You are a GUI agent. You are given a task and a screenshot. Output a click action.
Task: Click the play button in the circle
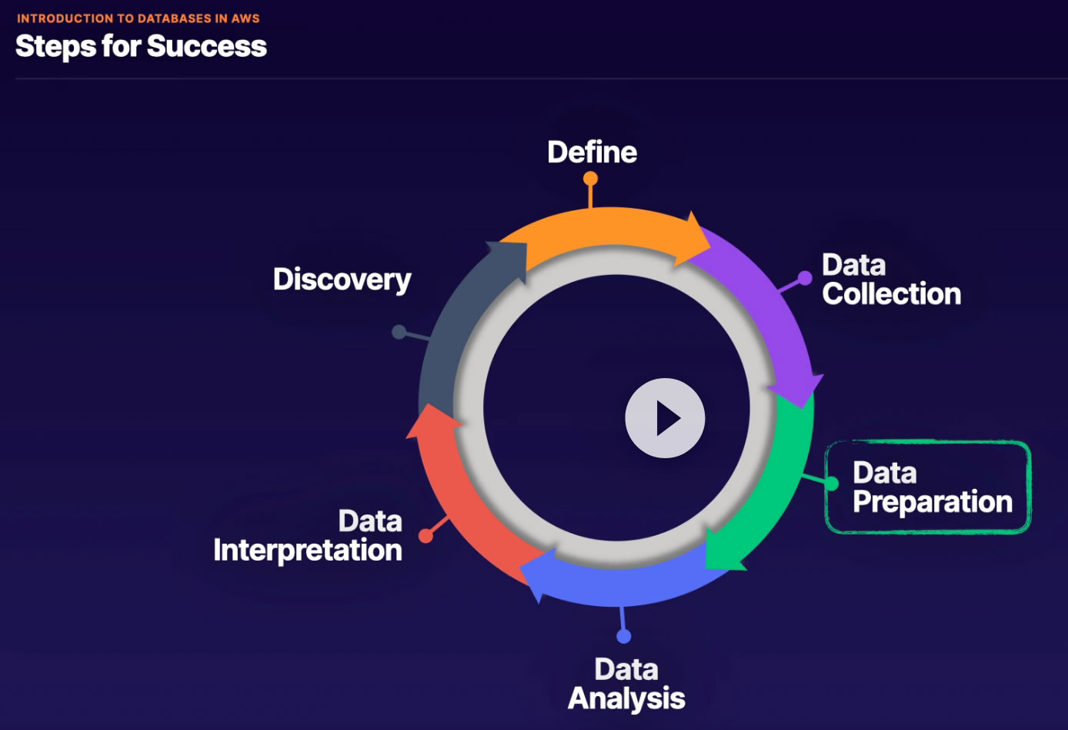(665, 418)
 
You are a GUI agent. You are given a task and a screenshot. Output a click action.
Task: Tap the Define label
(592, 152)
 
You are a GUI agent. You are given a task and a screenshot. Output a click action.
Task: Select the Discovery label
(342, 280)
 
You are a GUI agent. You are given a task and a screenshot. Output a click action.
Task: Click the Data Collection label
(891, 280)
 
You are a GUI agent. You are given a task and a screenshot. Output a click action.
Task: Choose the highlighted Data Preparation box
(927, 487)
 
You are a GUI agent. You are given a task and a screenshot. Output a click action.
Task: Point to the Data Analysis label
(626, 684)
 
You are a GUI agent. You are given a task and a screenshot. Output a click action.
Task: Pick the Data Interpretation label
(308, 536)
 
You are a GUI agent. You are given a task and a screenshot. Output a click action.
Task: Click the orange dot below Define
(590, 179)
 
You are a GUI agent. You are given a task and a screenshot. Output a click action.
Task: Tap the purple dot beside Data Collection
(804, 278)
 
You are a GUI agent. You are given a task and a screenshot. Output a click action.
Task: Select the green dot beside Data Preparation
(832, 484)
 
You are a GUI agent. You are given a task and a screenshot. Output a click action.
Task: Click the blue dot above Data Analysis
(624, 636)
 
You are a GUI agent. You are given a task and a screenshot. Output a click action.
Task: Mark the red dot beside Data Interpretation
(426, 535)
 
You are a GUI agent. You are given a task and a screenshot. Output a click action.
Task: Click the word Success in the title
(207, 46)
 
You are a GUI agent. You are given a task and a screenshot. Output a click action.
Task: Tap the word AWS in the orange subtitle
(245, 18)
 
